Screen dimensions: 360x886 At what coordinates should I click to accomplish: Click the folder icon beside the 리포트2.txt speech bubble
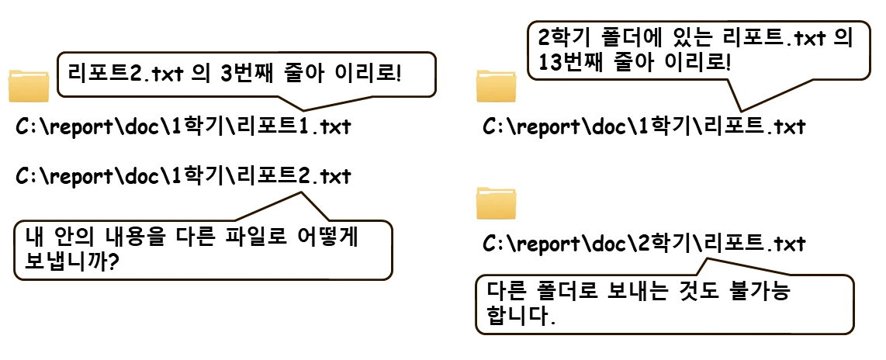click(29, 85)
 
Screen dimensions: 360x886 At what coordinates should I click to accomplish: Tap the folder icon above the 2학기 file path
click(497, 202)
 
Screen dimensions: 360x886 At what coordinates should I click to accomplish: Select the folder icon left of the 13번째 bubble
click(497, 85)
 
